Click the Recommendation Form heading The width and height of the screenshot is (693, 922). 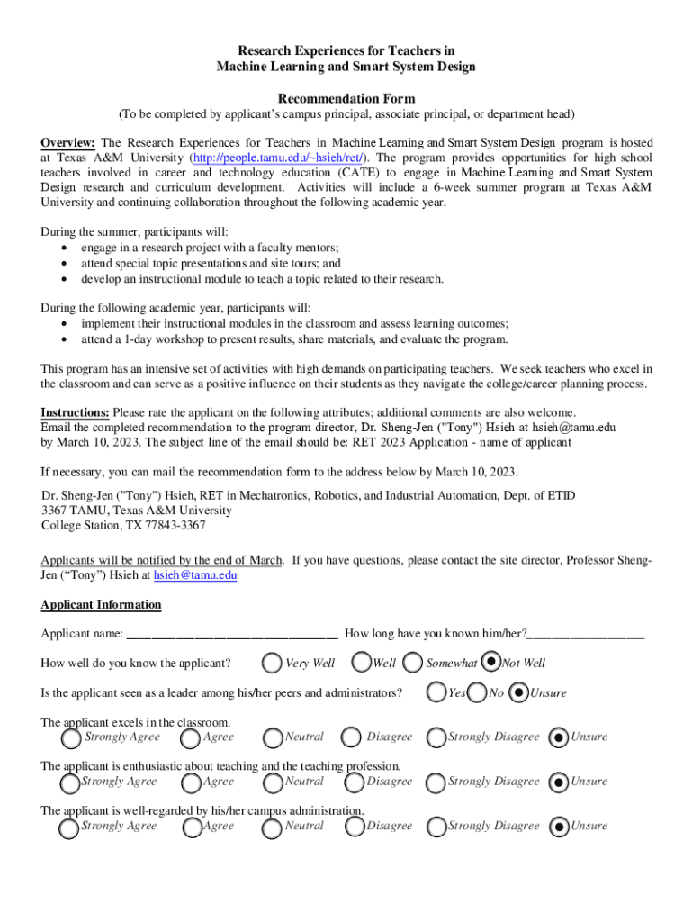pos(346,98)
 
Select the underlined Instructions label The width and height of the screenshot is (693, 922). pos(76,413)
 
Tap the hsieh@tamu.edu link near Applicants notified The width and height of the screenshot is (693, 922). pos(195,574)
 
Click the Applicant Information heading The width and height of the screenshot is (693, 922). pos(101,605)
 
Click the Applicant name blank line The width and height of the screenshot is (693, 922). pos(232,634)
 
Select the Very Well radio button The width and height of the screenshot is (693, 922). pos(271,664)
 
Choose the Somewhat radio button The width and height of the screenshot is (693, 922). pos(413,664)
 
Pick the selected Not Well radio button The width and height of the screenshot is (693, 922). pos(491,663)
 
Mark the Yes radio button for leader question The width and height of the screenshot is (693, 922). pos(436,693)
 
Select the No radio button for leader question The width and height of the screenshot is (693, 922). pos(477,693)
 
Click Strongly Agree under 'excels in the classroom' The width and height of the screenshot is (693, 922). pos(70,738)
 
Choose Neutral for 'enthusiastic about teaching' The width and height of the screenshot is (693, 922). pos(272,782)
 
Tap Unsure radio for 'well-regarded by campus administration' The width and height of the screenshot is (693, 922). pos(558,827)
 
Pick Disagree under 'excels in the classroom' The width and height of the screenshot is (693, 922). pos(351,738)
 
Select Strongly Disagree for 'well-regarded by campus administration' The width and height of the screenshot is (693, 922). pos(436,827)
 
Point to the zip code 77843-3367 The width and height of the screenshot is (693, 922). pos(168,526)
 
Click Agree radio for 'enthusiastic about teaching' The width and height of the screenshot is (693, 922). pos(191,782)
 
